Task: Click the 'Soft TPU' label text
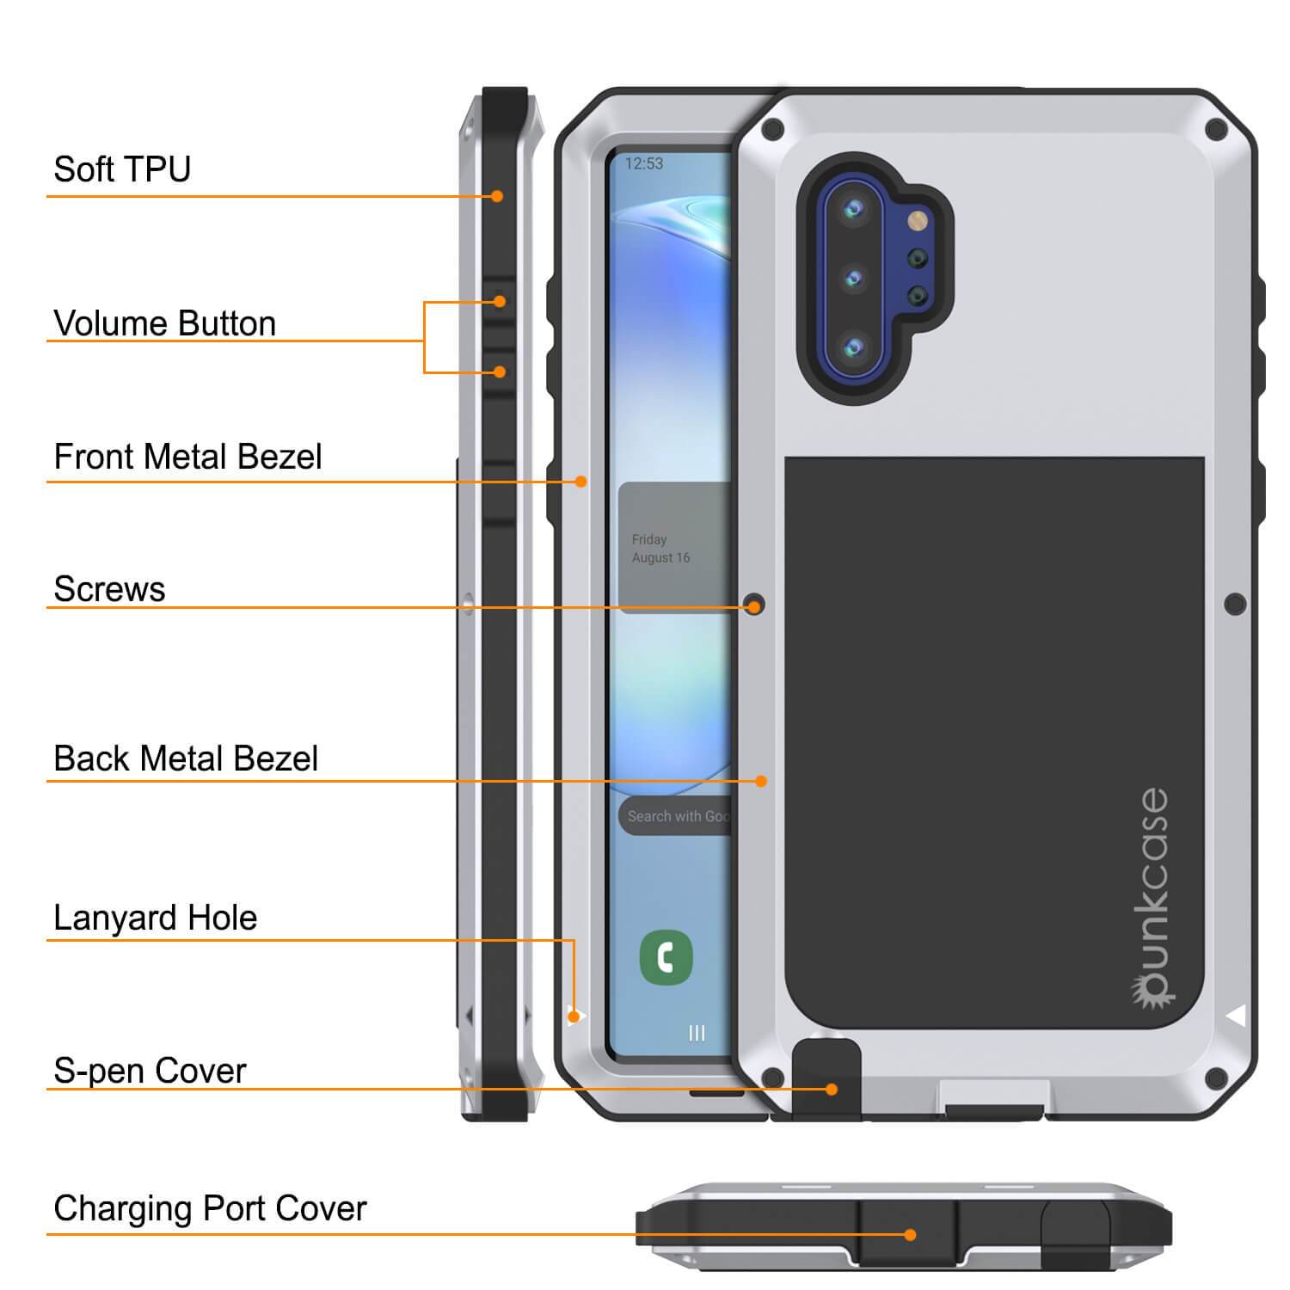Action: click(122, 169)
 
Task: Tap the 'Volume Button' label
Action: click(164, 324)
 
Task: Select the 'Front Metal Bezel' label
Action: click(187, 457)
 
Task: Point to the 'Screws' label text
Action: click(109, 589)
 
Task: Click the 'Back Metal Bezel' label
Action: click(186, 759)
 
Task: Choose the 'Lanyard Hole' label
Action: click(155, 918)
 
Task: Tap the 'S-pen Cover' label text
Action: click(150, 1071)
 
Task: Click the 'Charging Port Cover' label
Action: click(210, 1208)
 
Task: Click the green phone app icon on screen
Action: click(666, 957)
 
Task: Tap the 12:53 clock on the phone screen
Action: click(644, 163)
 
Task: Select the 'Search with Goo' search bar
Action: click(676, 816)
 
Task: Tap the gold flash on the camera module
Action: click(918, 221)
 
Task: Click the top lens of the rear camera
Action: click(854, 209)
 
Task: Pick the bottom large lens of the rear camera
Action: click(854, 347)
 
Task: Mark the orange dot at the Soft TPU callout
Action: click(497, 196)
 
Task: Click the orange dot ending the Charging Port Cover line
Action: click(910, 1235)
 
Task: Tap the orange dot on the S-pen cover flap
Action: click(831, 1089)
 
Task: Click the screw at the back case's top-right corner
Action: click(1215, 130)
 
